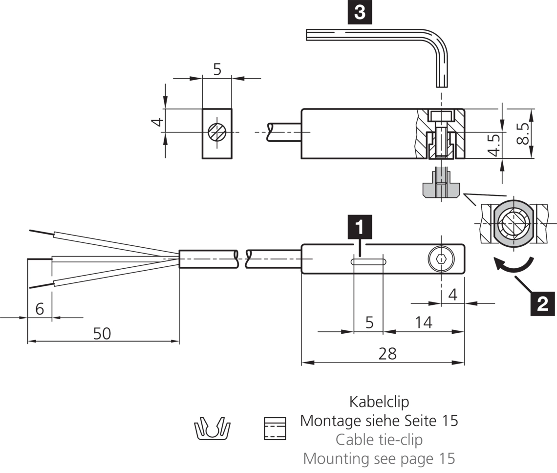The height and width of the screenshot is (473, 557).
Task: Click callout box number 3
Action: [x=360, y=12]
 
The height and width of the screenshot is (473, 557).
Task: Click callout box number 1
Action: [x=360, y=226]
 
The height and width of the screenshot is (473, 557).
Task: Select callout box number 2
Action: [x=542, y=303]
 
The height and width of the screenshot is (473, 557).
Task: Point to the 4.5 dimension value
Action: [x=494, y=145]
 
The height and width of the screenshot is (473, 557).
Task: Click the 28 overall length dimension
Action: [x=387, y=354]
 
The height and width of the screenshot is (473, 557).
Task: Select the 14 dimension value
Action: [x=424, y=322]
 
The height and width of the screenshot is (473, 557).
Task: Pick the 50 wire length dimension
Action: [x=102, y=333]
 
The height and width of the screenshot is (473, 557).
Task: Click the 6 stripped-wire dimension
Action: [x=40, y=308]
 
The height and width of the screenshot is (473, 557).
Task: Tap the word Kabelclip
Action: [x=379, y=402]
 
